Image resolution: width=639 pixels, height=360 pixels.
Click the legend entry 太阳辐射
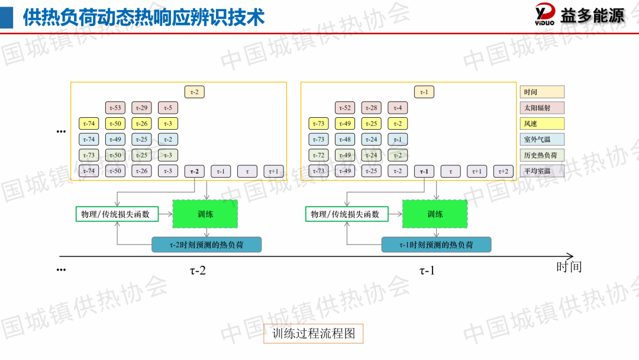tap(542, 108)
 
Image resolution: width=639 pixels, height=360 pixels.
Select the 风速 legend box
tap(542, 124)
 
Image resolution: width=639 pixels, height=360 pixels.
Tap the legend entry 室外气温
tap(542, 140)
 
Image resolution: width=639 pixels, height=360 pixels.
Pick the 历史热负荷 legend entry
tap(542, 156)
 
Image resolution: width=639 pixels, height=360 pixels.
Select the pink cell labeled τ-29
tap(141, 108)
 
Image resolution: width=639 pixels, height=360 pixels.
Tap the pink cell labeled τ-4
tap(398, 108)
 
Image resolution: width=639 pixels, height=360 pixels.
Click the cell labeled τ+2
tap(503, 171)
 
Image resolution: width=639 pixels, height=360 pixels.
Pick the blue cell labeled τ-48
tap(345, 140)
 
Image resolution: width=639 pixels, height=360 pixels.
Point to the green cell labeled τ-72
tap(318, 155)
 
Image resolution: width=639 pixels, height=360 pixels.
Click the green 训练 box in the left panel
tap(205, 214)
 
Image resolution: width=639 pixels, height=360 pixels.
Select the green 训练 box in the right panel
tap(435, 214)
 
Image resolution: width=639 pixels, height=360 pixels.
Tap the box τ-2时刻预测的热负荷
tap(206, 245)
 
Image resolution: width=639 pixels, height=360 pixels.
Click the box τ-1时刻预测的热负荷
tap(436, 245)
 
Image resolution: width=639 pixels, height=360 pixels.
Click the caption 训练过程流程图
tap(313, 334)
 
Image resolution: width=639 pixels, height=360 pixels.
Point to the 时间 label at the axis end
tap(569, 267)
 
